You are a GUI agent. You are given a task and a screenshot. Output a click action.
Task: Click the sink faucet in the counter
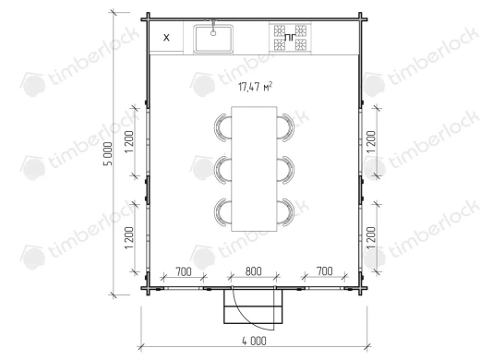[x=213, y=28]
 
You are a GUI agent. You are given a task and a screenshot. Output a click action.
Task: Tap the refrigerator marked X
[x=166, y=38]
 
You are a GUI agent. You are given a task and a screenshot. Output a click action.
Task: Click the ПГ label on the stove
[x=290, y=38]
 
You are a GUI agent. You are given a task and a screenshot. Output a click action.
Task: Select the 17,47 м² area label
[x=255, y=87]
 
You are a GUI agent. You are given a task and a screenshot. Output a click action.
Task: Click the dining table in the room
[x=254, y=169]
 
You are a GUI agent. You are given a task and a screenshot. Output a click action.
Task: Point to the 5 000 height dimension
[x=108, y=154]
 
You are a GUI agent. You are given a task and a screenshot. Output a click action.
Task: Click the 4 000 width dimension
[x=254, y=341]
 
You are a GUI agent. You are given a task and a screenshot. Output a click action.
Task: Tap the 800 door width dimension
[x=254, y=271]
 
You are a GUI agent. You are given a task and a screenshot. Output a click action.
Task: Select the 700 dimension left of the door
[x=184, y=271]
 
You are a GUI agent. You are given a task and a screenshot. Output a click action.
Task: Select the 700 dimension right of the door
[x=325, y=271]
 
